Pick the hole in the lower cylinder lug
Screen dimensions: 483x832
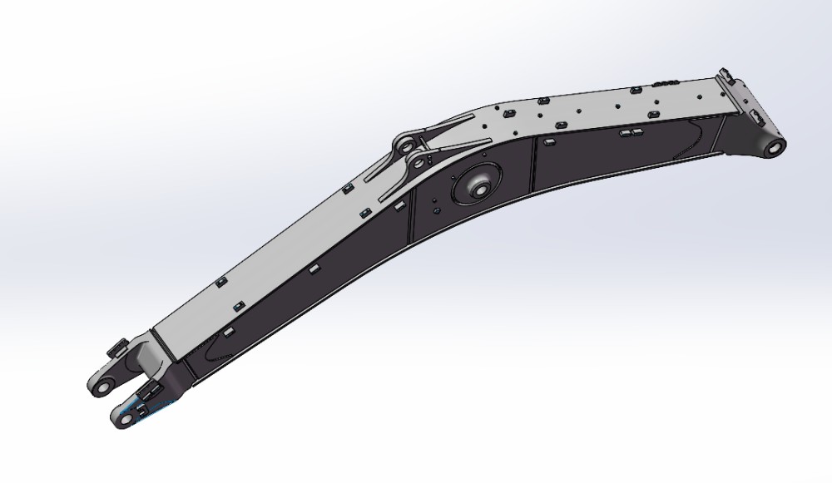pos(414,163)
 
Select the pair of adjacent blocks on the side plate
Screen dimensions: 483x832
pos(630,132)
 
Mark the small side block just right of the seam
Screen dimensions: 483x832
pos(548,143)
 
